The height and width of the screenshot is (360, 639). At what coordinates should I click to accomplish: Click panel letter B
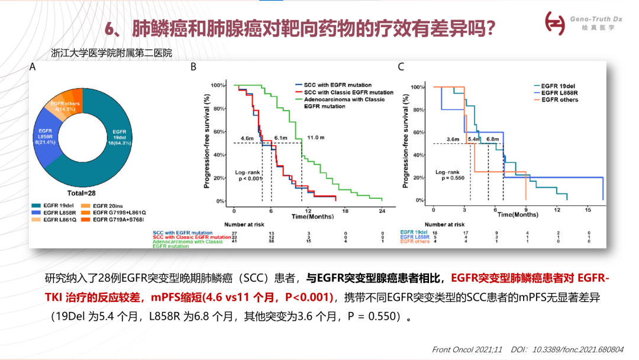(x=193, y=67)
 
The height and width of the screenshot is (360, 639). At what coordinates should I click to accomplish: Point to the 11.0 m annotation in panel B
(x=314, y=137)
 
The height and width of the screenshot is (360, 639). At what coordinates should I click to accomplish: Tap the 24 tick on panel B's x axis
(x=382, y=211)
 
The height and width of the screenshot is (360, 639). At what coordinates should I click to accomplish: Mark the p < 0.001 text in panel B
(x=248, y=178)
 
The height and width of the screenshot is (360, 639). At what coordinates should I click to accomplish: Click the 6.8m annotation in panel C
(x=492, y=139)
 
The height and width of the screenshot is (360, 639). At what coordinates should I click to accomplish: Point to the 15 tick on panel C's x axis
(x=588, y=210)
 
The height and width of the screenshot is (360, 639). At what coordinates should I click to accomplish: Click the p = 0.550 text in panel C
(x=450, y=178)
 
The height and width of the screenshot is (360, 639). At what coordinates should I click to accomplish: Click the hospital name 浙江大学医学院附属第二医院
(x=111, y=53)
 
